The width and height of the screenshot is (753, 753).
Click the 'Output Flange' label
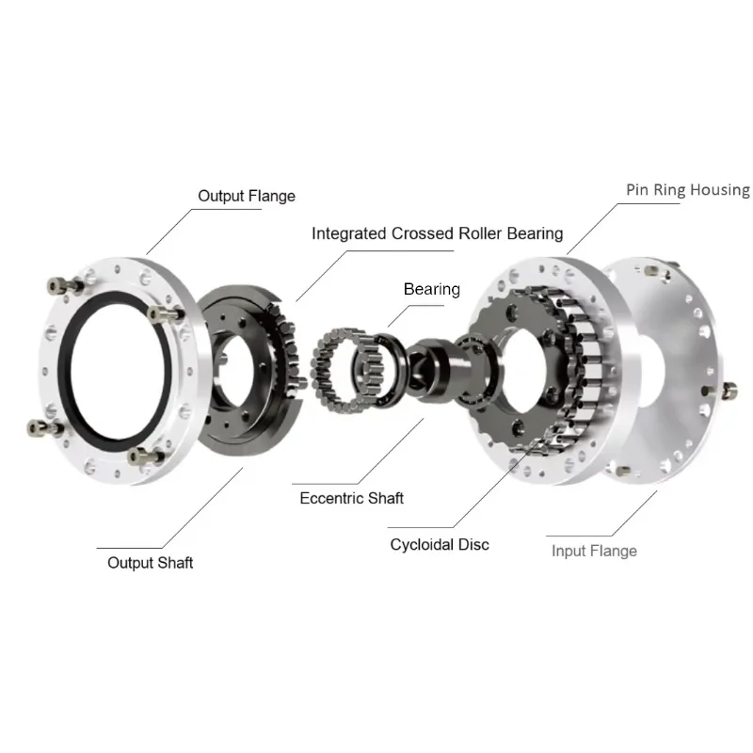pyautogui.click(x=247, y=196)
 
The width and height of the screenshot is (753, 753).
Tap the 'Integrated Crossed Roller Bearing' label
pyautogui.click(x=437, y=233)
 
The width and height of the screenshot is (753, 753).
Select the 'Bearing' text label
pyautogui.click(x=432, y=289)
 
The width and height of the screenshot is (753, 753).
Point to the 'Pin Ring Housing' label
pyautogui.click(x=688, y=190)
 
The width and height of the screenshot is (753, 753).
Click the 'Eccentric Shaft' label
pyautogui.click(x=351, y=498)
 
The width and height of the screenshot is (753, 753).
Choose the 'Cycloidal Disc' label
pyautogui.click(x=440, y=545)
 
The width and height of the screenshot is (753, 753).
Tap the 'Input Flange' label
pyautogui.click(x=594, y=551)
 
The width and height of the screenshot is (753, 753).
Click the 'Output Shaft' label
pyautogui.click(x=150, y=562)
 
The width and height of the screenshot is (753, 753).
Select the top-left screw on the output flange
pyautogui.click(x=65, y=286)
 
